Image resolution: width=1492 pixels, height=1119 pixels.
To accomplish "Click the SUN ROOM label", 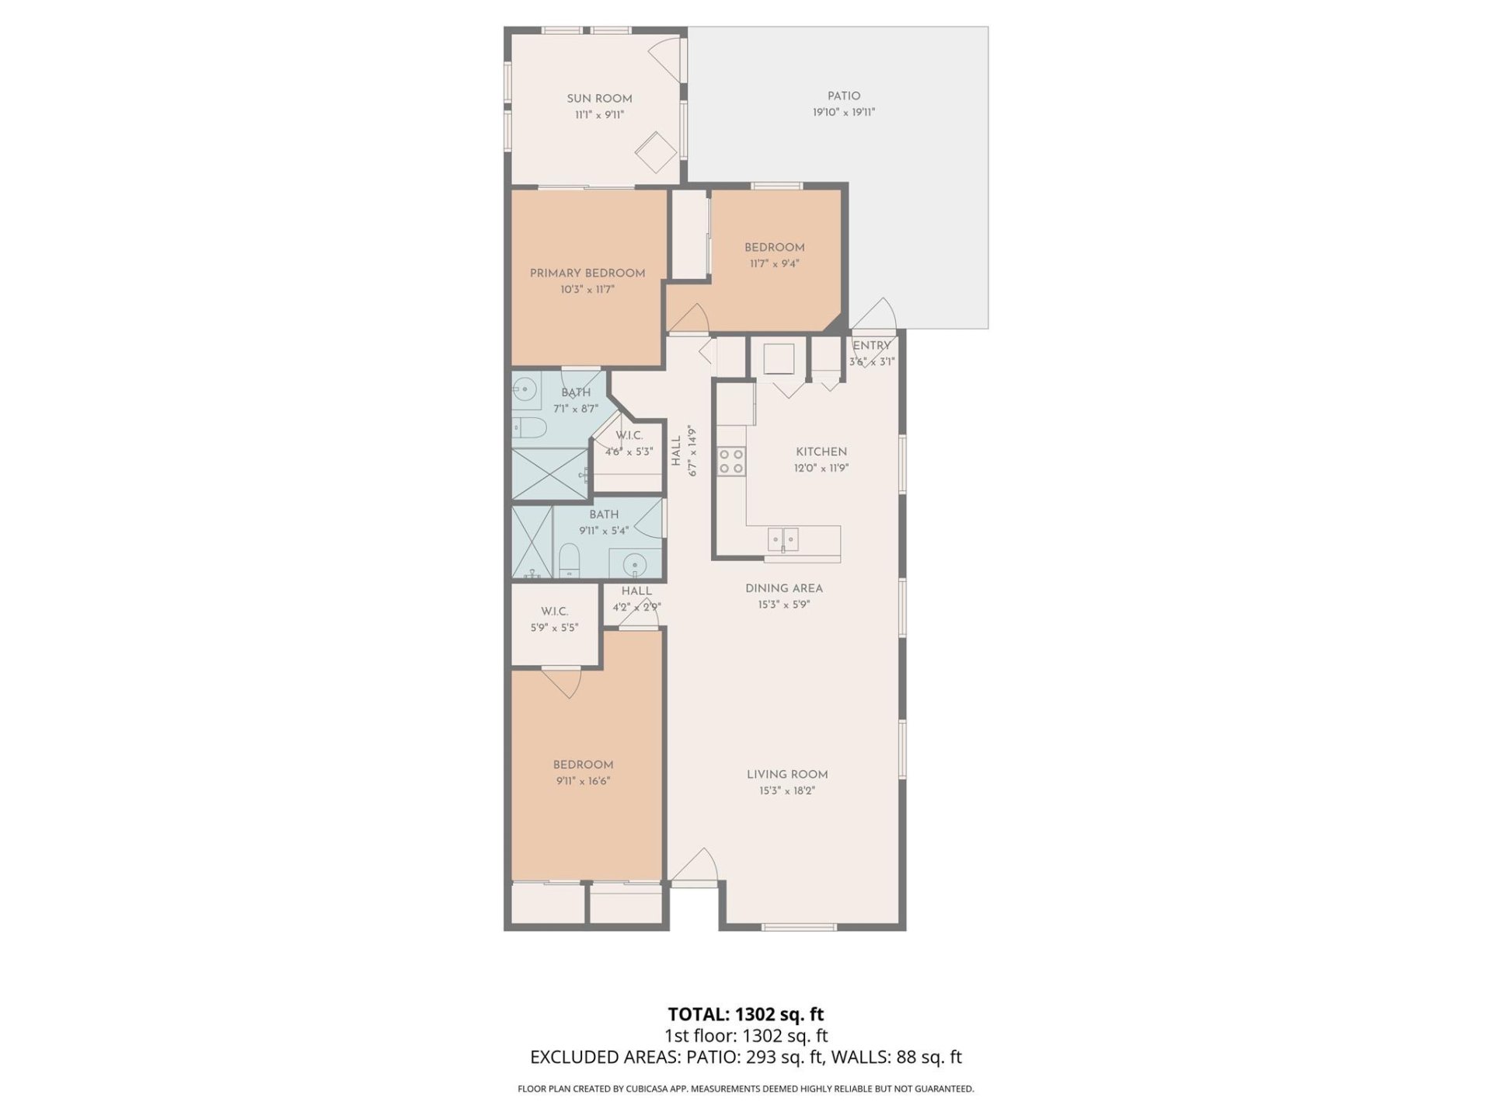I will click(x=599, y=99).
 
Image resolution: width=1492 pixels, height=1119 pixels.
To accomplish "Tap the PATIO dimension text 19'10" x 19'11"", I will click(x=844, y=112).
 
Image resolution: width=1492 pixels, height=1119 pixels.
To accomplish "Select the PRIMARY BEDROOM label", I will click(x=587, y=274).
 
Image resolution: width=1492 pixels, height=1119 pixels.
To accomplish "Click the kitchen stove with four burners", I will click(x=731, y=461).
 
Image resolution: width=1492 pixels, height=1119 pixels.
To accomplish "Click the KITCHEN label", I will click(x=821, y=451).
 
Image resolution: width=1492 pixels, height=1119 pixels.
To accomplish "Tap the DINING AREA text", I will click(x=783, y=588).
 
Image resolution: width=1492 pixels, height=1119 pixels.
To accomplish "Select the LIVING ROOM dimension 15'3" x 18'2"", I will click(x=787, y=791).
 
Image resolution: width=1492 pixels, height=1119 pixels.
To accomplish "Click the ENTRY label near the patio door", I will click(x=871, y=346).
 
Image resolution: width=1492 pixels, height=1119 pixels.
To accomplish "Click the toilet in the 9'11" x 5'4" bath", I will click(x=570, y=560).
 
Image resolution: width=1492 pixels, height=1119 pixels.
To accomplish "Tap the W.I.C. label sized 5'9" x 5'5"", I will click(x=555, y=612).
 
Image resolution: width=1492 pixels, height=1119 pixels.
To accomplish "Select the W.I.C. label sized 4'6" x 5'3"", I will click(x=629, y=435).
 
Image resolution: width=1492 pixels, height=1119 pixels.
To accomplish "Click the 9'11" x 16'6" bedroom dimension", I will click(x=583, y=781).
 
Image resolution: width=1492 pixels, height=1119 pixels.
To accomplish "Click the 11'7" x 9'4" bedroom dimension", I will click(x=774, y=263).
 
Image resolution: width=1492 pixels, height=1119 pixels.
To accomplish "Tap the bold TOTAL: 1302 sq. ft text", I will click(x=746, y=1014).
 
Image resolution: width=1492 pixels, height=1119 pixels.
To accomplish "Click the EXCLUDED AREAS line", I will click(x=746, y=1057).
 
